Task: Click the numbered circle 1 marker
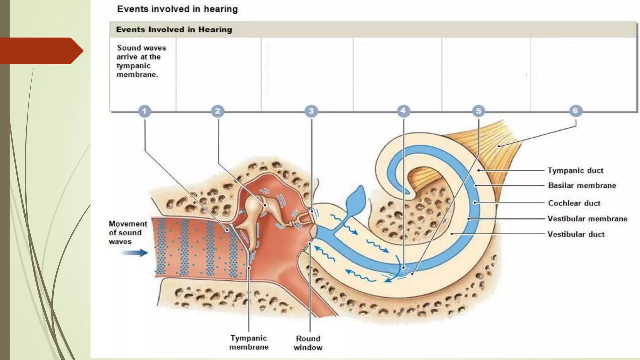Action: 144,111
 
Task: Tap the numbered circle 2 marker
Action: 217,111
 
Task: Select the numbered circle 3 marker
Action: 311,111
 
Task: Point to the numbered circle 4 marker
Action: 403,111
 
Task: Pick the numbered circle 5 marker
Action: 478,111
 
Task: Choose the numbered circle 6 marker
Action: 575,110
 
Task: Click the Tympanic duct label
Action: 575,171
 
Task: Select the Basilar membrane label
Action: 582,186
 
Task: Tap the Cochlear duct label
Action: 574,203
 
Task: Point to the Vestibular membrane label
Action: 587,219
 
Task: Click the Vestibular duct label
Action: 576,234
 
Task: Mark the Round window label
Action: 308,343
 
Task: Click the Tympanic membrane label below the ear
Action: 249,342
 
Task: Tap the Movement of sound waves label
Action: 128,232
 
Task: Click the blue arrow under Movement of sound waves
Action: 134,252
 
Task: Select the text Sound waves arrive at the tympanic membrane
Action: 141,61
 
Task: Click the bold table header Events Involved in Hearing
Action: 174,30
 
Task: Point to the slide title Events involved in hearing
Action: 177,9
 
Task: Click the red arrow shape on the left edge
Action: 41,51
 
